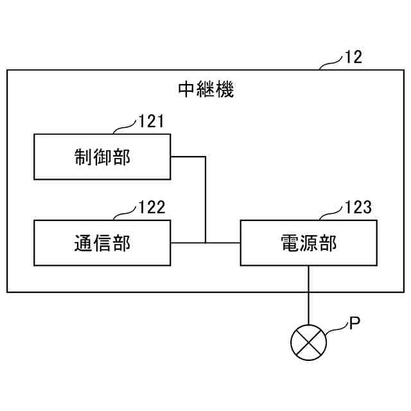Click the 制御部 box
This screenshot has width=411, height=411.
pyautogui.click(x=102, y=157)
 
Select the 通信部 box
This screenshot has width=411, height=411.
pyautogui.click(x=102, y=242)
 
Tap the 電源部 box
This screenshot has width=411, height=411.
pyautogui.click(x=308, y=242)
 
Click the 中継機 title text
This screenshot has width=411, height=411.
pyautogui.click(x=205, y=89)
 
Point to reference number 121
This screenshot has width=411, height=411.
pyautogui.click(x=152, y=121)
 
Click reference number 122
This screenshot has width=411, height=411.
pyautogui.click(x=152, y=207)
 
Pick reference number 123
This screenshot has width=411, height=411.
pyautogui.click(x=358, y=207)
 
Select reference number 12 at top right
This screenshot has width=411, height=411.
pyautogui.click(x=353, y=57)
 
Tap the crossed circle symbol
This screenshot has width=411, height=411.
pyautogui.click(x=309, y=341)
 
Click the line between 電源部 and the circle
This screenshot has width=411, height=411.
pyautogui.click(x=309, y=295)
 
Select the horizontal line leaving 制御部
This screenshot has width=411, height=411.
pyautogui.click(x=188, y=156)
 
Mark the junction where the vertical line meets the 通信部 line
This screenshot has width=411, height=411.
pyautogui.click(x=205, y=243)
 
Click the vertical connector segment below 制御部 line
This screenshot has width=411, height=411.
pyautogui.click(x=205, y=199)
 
